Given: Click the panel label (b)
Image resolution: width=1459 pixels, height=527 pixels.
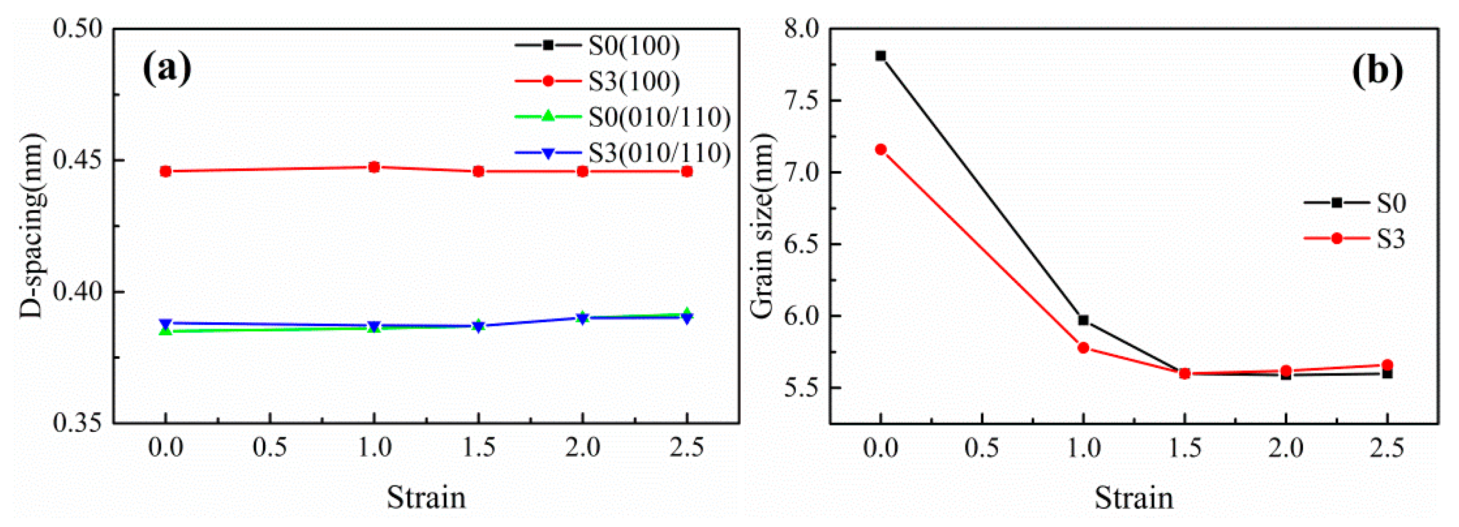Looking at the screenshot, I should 1377,69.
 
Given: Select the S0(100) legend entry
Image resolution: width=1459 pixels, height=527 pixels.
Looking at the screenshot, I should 634,45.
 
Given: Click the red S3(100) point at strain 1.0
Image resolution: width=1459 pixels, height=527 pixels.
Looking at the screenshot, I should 374,167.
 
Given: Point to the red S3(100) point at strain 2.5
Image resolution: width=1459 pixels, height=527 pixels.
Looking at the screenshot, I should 686,171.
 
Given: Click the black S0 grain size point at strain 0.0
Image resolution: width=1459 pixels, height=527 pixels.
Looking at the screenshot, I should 880,55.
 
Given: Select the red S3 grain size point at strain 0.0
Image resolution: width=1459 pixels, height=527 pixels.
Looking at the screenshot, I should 880,150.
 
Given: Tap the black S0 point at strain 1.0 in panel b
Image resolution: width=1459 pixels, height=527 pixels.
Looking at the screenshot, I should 1083,320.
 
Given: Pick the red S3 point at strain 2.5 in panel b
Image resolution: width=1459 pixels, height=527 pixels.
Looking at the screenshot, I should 1388,365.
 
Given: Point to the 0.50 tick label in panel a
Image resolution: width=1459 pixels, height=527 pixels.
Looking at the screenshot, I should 78,28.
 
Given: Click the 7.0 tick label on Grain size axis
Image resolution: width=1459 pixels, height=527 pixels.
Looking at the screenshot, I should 803,172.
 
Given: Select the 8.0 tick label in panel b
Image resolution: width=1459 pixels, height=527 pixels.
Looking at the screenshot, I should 803,28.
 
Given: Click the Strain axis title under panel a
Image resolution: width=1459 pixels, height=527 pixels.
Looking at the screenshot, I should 426,497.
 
